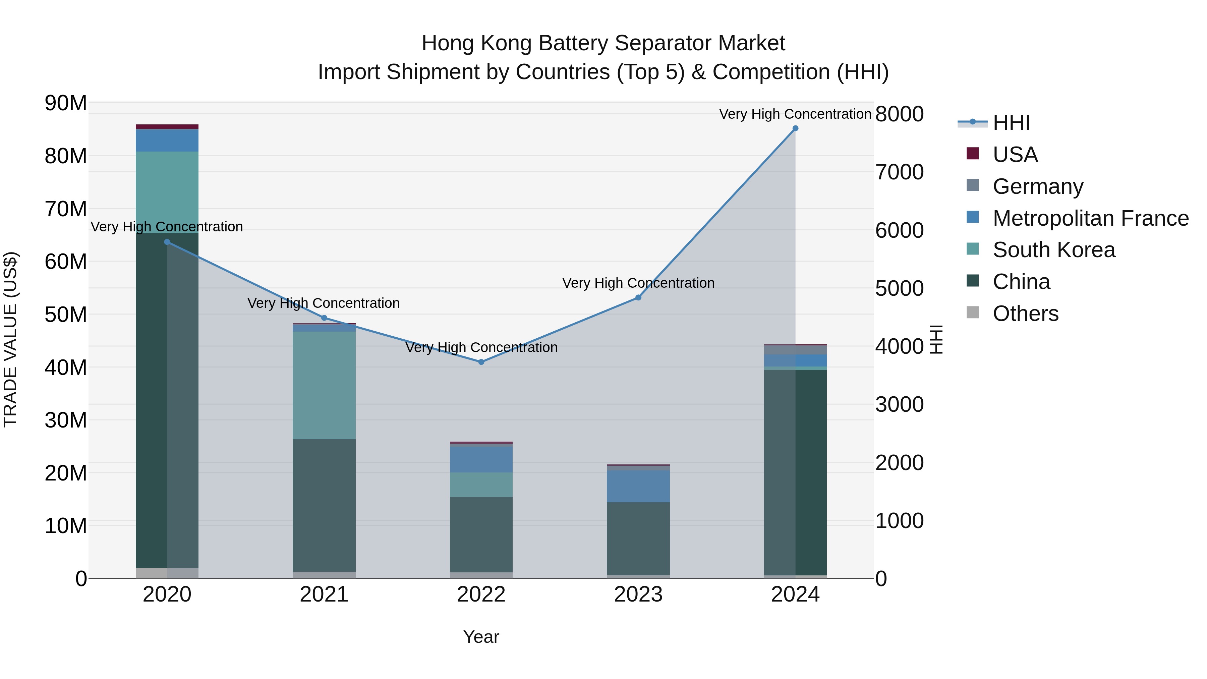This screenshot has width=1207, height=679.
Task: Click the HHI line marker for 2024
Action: [795, 128]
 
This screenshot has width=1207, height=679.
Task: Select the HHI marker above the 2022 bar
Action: [481, 362]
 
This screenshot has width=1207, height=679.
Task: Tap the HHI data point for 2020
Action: [167, 242]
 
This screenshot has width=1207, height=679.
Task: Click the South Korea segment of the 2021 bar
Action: [324, 385]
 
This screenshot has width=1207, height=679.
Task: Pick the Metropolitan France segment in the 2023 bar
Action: [638, 487]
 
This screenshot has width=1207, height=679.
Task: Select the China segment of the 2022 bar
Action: [481, 534]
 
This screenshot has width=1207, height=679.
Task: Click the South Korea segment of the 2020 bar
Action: [167, 192]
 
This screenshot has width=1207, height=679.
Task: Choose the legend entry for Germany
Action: [1038, 186]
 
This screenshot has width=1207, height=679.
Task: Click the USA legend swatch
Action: [973, 154]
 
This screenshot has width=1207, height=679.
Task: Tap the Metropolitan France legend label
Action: [1090, 218]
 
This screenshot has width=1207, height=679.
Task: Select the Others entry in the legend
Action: [1025, 314]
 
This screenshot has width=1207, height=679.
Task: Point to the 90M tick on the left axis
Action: [66, 103]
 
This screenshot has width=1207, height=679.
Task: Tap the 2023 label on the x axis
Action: [638, 595]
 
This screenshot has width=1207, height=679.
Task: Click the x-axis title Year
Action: [481, 637]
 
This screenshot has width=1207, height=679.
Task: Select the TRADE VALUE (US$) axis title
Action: [10, 339]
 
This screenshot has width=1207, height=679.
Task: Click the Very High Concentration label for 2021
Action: [324, 303]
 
